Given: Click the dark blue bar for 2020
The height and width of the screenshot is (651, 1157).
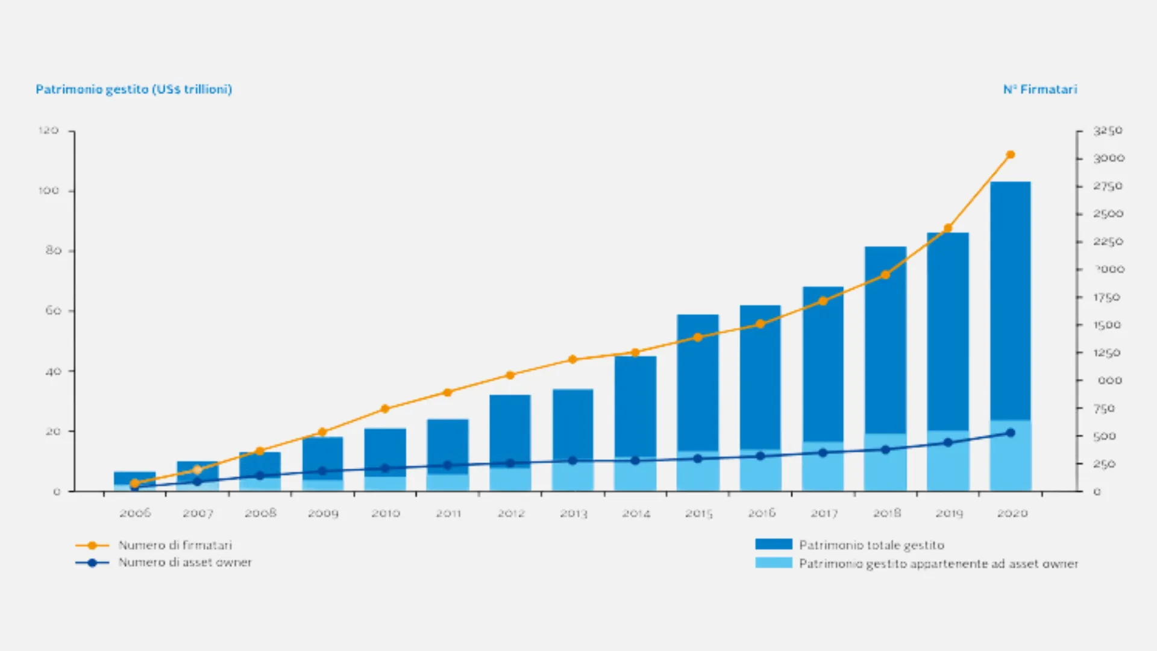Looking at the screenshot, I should coord(1010,301).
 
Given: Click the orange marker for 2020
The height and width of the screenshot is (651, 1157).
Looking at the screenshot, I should coord(1011,155).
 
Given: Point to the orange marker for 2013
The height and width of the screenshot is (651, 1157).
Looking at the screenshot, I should coord(572,360).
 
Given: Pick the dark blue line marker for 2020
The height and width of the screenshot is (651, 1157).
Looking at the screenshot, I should coord(1011,433).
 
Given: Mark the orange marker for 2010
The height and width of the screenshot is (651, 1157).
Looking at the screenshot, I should coord(385,409).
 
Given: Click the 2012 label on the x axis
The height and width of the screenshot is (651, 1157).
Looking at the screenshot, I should coord(510,513).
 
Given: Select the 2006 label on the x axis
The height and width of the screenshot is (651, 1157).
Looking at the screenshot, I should coord(135,513).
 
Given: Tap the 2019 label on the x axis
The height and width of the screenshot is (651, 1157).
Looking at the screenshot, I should coord(949,513).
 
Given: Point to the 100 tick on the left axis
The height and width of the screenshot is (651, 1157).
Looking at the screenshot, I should coord(48,190).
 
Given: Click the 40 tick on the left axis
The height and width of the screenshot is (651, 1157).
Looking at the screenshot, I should coord(53,371).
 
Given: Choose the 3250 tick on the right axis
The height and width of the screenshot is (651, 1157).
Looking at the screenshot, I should coord(1108,130).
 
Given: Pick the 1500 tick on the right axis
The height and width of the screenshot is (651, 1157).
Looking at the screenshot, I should coord(1107,325).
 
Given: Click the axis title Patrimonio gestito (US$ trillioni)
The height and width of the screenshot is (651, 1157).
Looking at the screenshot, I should coord(134,89).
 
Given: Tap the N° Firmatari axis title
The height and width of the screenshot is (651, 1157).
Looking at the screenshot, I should coord(1039,89).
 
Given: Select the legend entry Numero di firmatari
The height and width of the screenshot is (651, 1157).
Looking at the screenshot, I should coord(175,545).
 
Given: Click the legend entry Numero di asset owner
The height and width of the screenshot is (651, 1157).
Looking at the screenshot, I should coord(184,562).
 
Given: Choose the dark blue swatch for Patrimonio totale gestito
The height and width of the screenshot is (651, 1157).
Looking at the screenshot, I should coord(773,544).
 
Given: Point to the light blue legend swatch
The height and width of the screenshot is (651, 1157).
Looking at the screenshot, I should coord(773,563).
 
